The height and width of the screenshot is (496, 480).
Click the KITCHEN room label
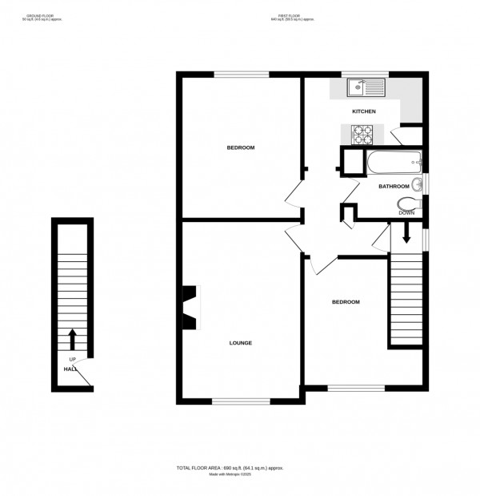point(364,111)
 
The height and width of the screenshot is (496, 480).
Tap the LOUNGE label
point(241,343)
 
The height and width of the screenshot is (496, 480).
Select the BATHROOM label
point(394,187)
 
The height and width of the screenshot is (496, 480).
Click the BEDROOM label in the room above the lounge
point(241,147)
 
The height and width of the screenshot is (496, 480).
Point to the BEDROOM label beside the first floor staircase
point(346,302)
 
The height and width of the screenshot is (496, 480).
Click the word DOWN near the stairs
point(406,214)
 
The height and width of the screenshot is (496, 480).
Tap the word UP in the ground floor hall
point(72,359)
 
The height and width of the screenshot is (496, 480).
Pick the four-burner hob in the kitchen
point(364,132)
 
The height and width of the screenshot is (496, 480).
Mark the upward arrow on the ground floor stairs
point(73,339)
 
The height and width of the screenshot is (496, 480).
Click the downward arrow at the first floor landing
point(406,233)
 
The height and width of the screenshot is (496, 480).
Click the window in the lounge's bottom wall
point(240,400)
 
